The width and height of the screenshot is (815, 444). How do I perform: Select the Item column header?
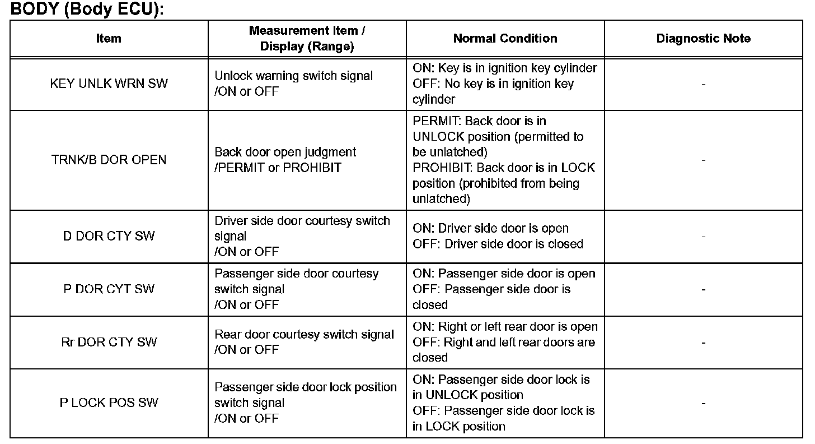[x=109, y=39]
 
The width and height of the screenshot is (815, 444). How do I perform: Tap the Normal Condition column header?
[x=505, y=39]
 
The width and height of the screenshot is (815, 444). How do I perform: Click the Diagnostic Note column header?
[x=703, y=39]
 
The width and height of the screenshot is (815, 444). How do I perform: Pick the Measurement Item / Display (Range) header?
[x=307, y=39]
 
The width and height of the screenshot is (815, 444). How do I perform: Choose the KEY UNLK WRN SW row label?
[x=109, y=84]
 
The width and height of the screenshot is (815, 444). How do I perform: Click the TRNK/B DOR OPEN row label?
[x=109, y=160]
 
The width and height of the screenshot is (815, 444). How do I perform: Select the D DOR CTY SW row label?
[x=109, y=236]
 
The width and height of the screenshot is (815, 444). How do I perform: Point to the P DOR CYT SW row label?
[x=109, y=289]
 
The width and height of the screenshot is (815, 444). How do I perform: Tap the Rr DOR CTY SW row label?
[x=109, y=342]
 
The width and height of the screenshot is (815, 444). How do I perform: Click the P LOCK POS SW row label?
[x=109, y=403]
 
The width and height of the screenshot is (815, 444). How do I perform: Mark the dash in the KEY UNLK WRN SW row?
[x=703, y=84]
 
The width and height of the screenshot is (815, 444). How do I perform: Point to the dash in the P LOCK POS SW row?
[x=703, y=403]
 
